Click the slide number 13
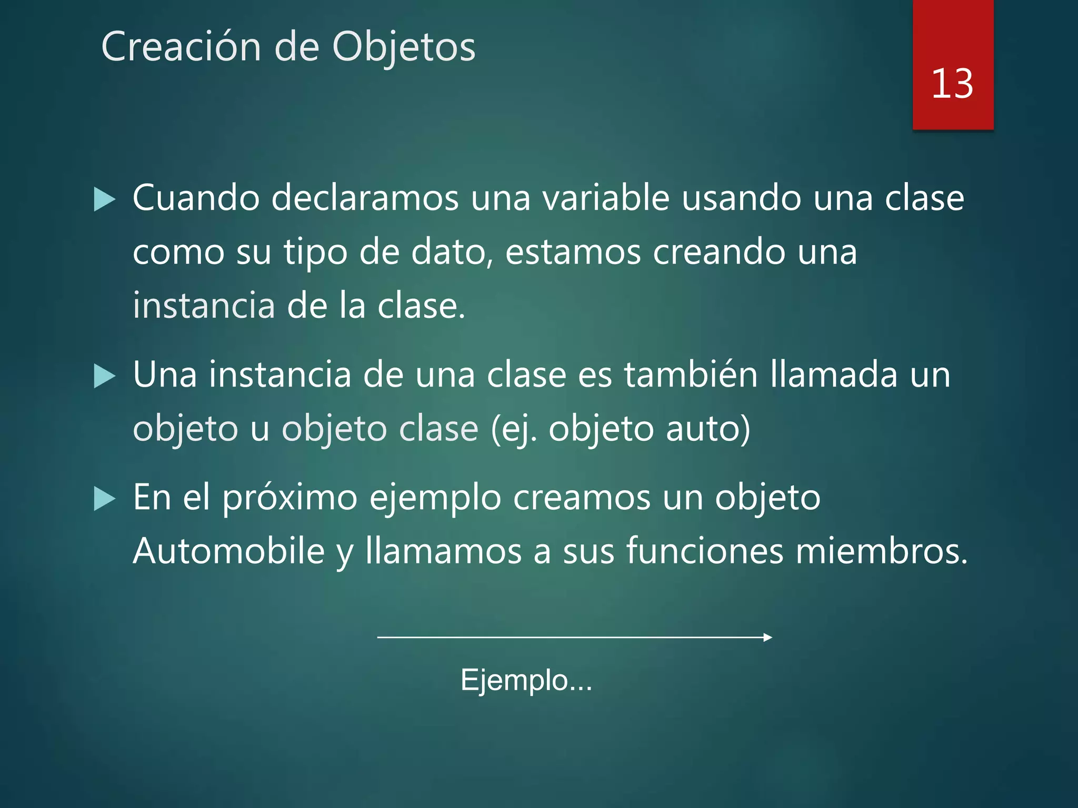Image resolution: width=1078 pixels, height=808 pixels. [x=952, y=84]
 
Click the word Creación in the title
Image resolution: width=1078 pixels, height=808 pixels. [x=181, y=47]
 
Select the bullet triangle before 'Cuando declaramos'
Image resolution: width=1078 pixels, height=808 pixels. [x=104, y=200]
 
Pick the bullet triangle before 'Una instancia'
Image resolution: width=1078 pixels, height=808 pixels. [x=104, y=377]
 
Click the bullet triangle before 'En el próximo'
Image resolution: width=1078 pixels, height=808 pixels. [x=104, y=499]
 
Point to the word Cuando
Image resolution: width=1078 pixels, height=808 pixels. [x=196, y=198]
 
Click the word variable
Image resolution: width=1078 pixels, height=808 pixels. [x=606, y=198]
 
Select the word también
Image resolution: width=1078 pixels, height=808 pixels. [x=691, y=375]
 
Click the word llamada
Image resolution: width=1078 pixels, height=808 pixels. [x=834, y=375]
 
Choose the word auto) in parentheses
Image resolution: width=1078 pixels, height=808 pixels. [x=708, y=429]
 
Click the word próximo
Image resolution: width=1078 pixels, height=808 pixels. [x=290, y=498]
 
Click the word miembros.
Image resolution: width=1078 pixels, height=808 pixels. [x=881, y=551]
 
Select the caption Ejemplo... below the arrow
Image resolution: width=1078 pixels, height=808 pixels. [x=526, y=680]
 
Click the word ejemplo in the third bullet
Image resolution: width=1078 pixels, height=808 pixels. [x=435, y=498]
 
